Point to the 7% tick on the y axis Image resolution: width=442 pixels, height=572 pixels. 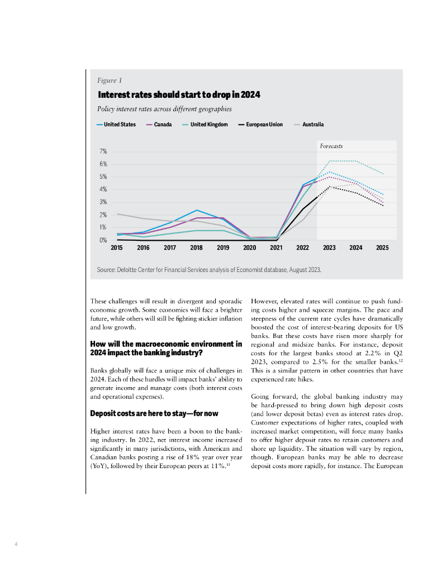(x=103, y=151)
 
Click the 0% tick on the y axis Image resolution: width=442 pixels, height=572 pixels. (x=103, y=240)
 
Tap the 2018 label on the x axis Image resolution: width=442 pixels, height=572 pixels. (x=196, y=247)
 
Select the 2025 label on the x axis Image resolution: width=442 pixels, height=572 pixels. (x=382, y=247)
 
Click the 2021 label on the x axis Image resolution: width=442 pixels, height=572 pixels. (x=276, y=247)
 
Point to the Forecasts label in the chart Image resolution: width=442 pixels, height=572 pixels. (x=331, y=146)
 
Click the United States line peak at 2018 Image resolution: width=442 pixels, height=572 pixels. (x=197, y=210)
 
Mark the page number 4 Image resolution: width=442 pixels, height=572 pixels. (x=16, y=543)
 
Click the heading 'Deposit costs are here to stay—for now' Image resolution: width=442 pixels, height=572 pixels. (x=154, y=413)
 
